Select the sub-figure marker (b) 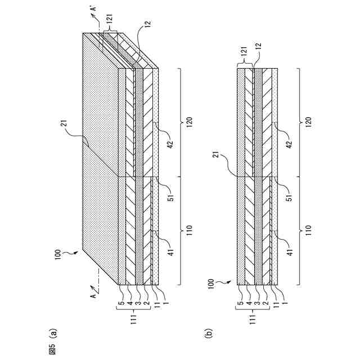[x=209, y=332]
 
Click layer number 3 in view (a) [x=136, y=292]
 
